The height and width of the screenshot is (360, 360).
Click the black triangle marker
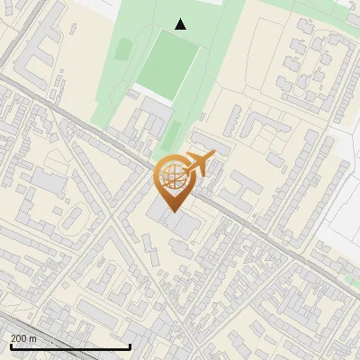point(181,24)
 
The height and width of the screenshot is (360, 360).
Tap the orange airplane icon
point(199,165)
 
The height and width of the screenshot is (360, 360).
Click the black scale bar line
point(69,346)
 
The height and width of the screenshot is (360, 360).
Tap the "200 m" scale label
point(23,337)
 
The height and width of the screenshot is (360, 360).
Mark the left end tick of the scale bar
point(10,345)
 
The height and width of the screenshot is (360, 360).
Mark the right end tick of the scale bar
point(130,345)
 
